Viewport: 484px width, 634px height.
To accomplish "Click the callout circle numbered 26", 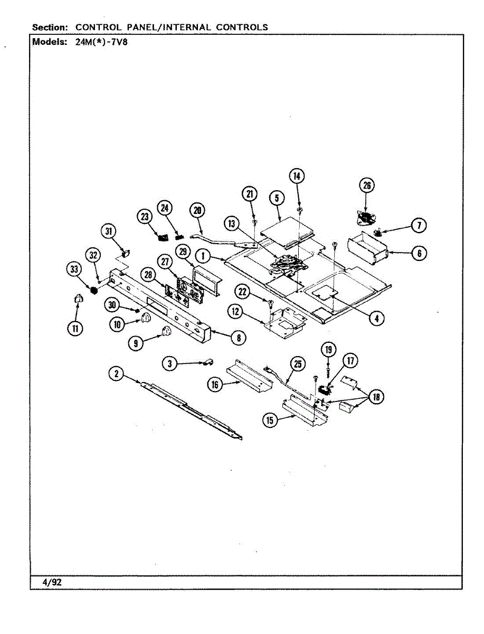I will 366,185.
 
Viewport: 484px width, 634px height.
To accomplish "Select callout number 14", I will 297,176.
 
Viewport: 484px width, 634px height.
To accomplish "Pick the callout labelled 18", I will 376,397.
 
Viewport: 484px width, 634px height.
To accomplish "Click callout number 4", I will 376,318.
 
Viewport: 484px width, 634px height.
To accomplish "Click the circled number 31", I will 108,231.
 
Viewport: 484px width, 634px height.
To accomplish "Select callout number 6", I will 419,254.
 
